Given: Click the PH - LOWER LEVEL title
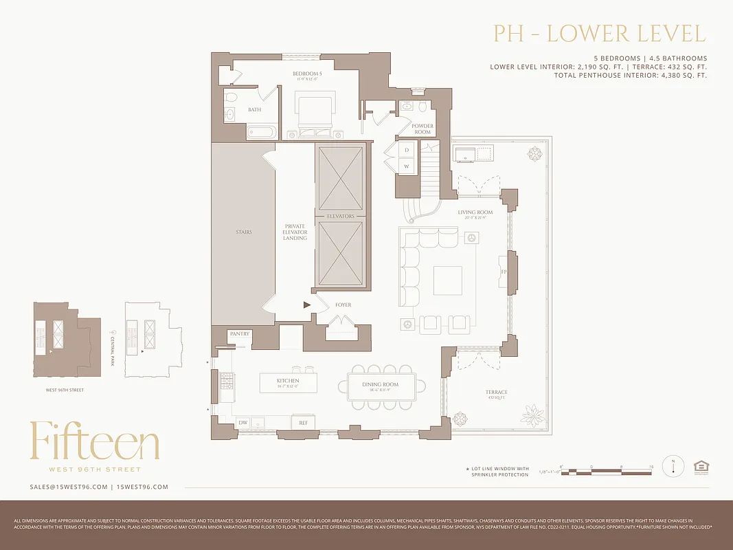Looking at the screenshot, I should (599, 34).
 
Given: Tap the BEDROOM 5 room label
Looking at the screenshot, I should (307, 74).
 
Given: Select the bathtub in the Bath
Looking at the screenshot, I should (261, 131).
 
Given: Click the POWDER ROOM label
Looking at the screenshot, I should (422, 129).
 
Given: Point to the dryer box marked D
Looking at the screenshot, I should (407, 150).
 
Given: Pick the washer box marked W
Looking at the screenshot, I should (407, 166).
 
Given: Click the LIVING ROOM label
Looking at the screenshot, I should (475, 212).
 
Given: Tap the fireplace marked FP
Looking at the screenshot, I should (504, 272).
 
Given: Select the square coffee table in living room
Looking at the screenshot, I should (448, 280).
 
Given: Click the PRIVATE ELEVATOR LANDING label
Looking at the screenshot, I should (295, 232).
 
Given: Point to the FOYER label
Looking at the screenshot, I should (343, 305).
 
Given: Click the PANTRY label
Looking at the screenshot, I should (240, 334).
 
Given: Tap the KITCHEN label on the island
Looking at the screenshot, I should (288, 380).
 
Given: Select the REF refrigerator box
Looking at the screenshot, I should (302, 423).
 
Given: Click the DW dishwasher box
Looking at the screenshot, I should (243, 422).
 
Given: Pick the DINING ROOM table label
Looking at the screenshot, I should (380, 385).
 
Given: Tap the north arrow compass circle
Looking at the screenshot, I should (673, 466).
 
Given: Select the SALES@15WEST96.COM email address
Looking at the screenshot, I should (69, 487).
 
